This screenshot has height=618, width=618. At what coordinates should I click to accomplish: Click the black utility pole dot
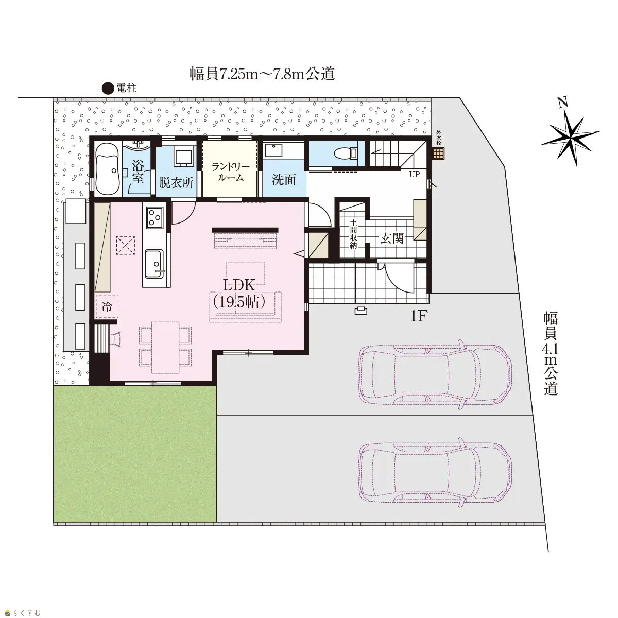click(x=108, y=88)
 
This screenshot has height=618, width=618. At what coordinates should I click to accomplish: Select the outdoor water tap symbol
click(x=438, y=153)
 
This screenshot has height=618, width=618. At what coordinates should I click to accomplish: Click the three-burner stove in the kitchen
click(x=154, y=217)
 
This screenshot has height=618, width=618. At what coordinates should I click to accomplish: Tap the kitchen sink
click(x=154, y=264)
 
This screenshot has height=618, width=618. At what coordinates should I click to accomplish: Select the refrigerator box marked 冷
click(x=107, y=306)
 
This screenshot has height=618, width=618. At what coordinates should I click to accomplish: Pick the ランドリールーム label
click(x=230, y=172)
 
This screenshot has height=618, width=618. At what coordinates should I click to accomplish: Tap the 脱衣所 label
click(x=177, y=183)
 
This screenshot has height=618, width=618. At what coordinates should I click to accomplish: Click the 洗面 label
click(x=283, y=180)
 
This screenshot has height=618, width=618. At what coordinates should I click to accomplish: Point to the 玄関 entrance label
click(x=392, y=238)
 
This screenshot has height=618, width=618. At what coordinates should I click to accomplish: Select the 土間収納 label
click(x=353, y=234)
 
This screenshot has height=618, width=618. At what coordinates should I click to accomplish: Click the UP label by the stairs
click(x=415, y=175)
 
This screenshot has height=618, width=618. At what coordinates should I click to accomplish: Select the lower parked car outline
click(x=435, y=472)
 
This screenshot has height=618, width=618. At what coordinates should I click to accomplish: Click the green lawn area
click(x=135, y=454)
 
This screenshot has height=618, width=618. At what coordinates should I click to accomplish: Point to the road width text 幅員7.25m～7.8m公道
click(x=262, y=74)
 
